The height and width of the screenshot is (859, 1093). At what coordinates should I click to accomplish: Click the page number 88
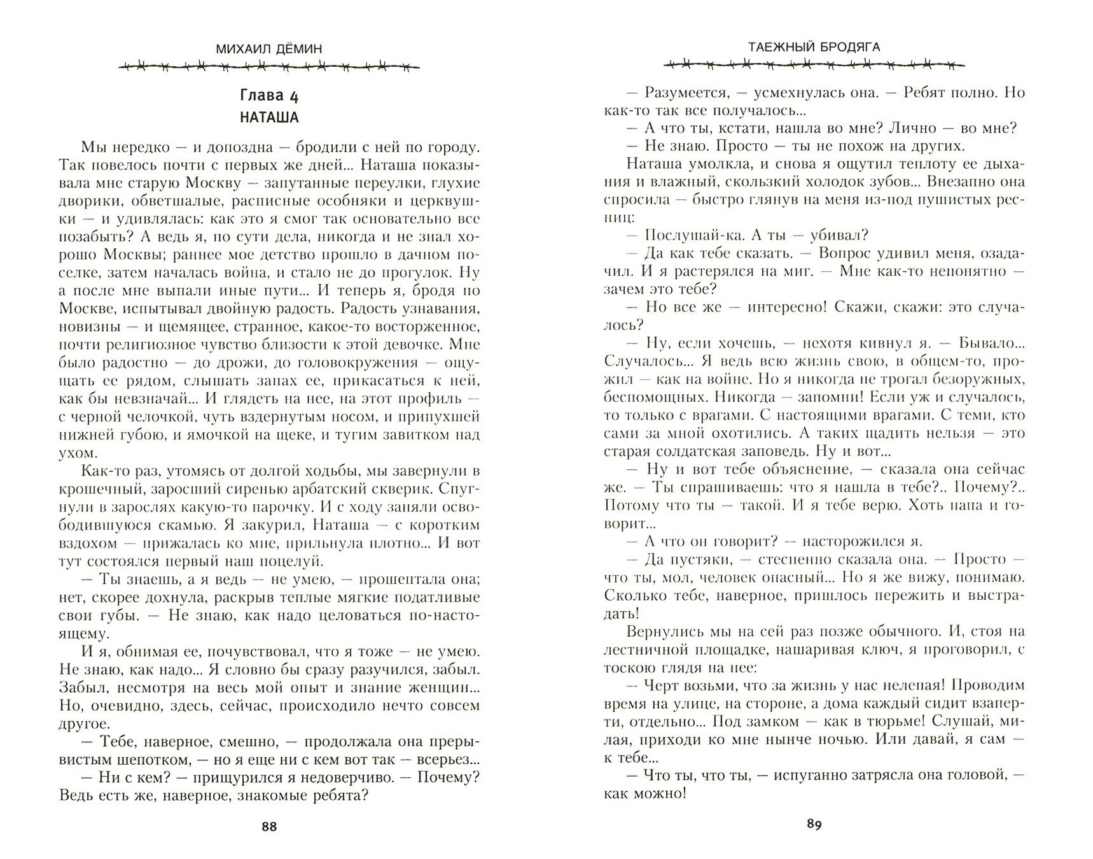269,827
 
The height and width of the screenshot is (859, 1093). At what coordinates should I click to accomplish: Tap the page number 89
814,825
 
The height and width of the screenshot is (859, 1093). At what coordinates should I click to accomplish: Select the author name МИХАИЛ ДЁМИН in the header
269,48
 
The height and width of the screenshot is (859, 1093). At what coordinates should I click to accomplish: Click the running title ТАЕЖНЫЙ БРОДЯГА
814,47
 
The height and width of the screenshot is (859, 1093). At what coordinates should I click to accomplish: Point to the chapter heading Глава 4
269,96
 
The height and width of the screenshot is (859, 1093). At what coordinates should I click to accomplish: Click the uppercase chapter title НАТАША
269,118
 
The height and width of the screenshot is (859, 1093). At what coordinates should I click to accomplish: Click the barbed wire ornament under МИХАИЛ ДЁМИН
269,66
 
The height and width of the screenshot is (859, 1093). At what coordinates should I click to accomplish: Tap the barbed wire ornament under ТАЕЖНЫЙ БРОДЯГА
814,64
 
